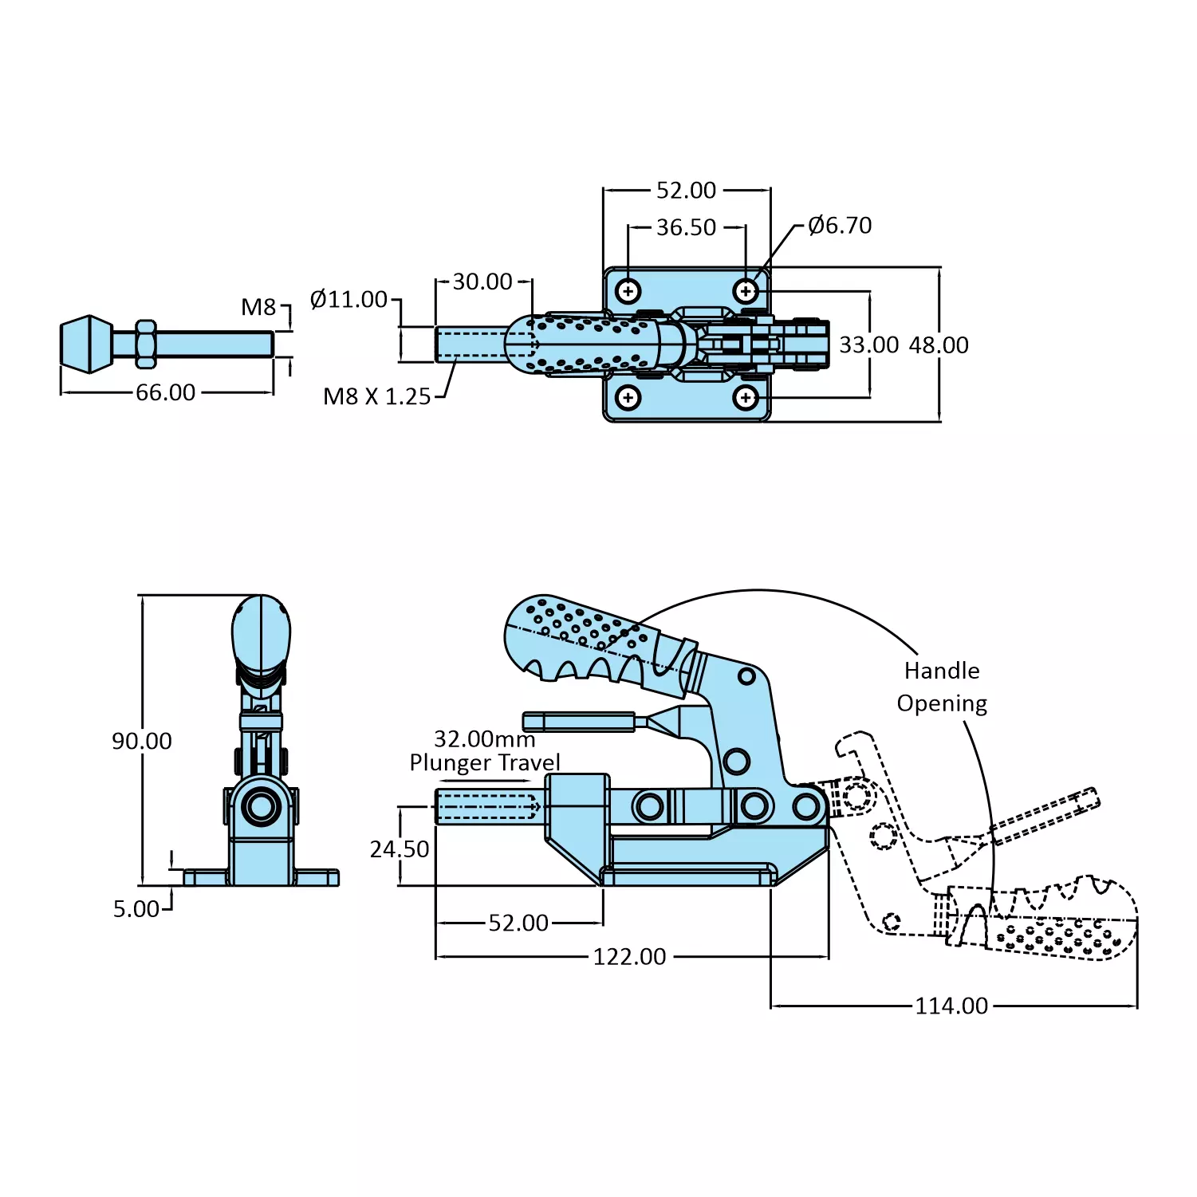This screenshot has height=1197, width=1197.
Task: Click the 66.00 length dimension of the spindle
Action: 165,392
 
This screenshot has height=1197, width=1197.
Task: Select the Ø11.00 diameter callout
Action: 348,300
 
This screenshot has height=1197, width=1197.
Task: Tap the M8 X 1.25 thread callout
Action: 376,396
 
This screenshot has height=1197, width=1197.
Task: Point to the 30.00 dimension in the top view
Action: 482,282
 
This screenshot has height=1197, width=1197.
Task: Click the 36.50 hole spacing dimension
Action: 686,228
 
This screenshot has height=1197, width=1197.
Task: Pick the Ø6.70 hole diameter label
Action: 840,226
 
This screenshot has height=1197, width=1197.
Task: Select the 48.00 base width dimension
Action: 939,345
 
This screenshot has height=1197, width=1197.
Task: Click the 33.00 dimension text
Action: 868,345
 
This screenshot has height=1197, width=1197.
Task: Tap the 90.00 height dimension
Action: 142,741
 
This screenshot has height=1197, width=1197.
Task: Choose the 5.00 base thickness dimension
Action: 136,909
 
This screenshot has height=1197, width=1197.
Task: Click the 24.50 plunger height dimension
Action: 400,849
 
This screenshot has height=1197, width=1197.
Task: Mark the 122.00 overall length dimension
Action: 629,957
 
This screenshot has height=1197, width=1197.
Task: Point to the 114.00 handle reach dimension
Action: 951,1006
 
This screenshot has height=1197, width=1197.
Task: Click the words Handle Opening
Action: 942,687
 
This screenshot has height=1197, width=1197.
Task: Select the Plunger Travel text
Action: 485,762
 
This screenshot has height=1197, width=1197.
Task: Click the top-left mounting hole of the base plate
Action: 628,291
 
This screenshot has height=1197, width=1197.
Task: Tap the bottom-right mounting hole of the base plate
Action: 746,397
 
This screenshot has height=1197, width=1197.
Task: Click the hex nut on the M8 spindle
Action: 145,344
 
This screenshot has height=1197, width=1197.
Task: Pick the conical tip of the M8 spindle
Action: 87,344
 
